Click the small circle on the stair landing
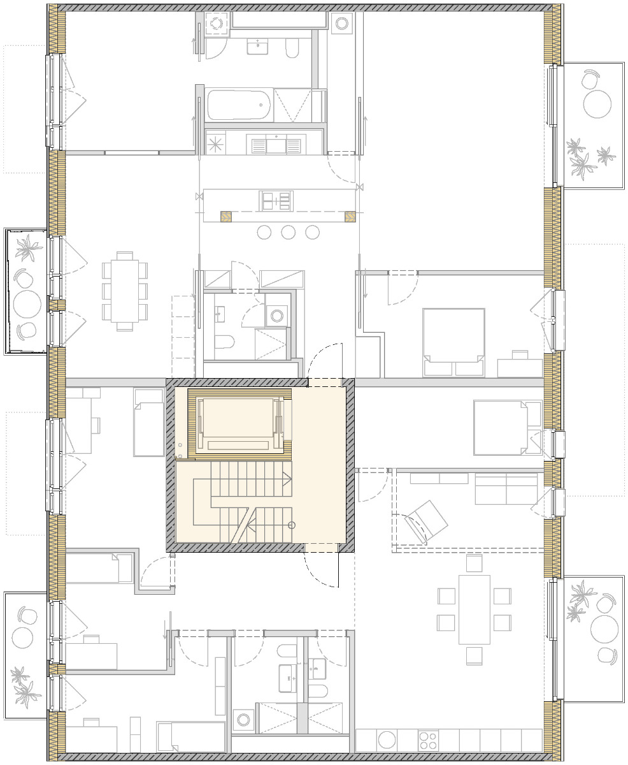(x=292, y=525)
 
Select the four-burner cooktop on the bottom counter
(x=427, y=740)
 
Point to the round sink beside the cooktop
(x=387, y=740)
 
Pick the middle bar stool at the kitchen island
(x=288, y=232)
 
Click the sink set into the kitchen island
(x=276, y=201)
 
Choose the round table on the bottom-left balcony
(x=23, y=636)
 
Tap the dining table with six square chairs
(x=474, y=609)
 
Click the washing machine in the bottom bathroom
(x=243, y=720)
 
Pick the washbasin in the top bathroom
(x=258, y=46)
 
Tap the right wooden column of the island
(x=350, y=217)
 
